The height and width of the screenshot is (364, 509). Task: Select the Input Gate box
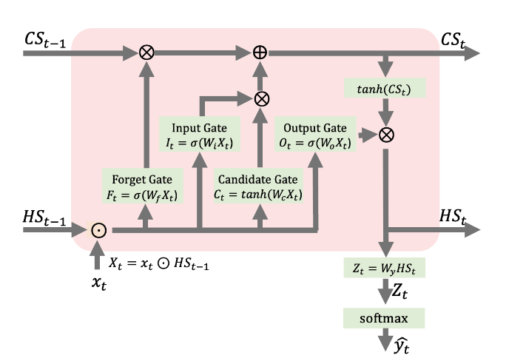(x=200, y=135)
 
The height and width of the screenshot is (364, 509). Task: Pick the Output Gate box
(x=315, y=135)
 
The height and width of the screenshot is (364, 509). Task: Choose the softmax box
(x=384, y=318)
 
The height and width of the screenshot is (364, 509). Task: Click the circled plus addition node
(x=261, y=53)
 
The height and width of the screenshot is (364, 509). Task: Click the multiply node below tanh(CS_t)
(x=385, y=135)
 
